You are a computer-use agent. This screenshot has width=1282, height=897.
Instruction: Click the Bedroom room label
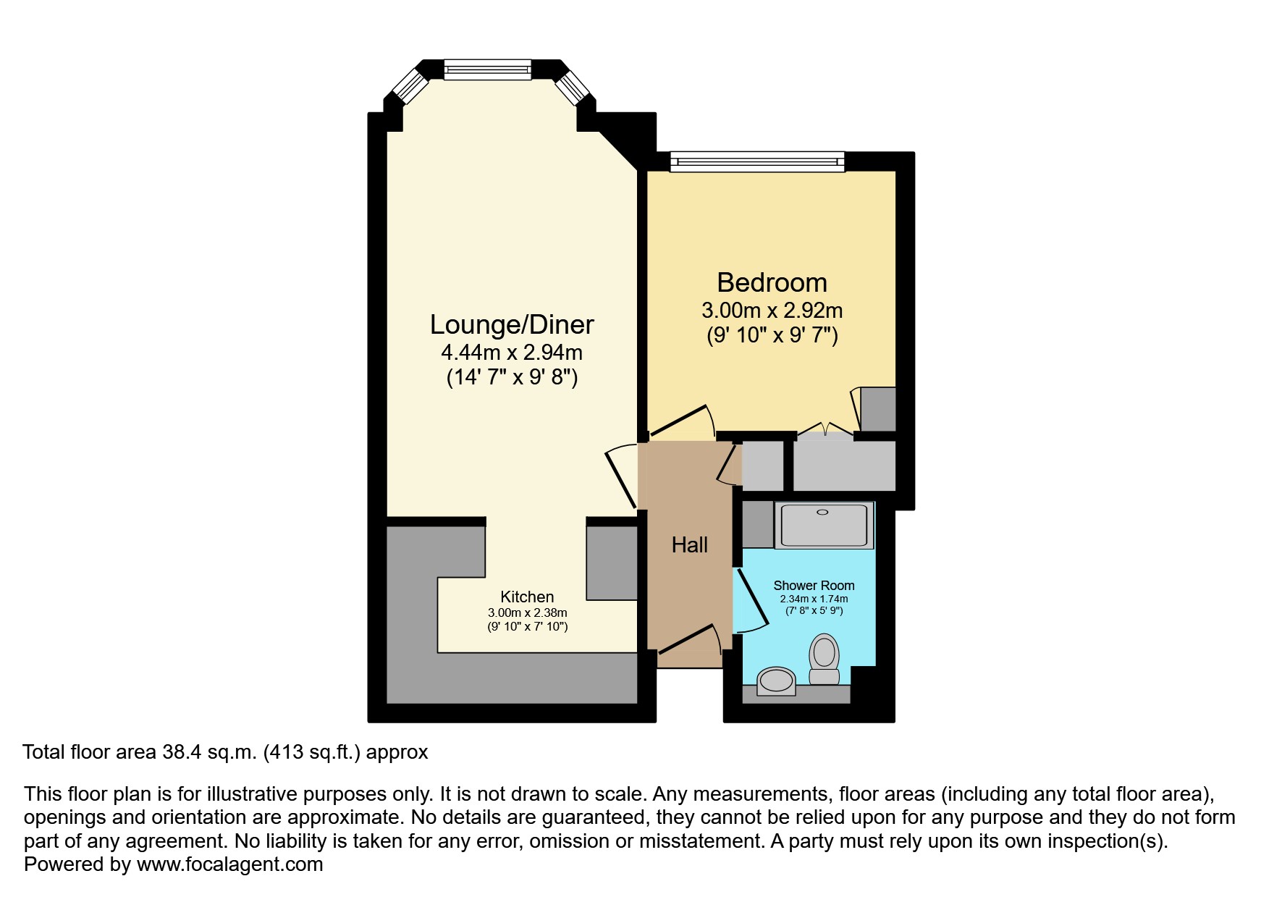click(772, 282)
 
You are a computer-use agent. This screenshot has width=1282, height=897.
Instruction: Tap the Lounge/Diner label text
click(512, 324)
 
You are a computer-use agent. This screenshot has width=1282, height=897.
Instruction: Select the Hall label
click(689, 545)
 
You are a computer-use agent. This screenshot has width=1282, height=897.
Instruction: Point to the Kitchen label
click(527, 597)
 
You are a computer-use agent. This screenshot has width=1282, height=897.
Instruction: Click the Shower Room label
click(814, 585)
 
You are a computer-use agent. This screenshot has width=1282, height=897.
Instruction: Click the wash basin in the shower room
click(775, 681)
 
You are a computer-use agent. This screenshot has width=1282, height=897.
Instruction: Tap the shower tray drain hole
click(822, 512)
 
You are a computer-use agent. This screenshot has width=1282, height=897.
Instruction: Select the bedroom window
click(757, 161)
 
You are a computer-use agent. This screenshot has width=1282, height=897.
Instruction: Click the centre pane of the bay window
click(487, 70)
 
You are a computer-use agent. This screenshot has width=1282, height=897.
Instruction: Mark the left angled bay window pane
click(410, 88)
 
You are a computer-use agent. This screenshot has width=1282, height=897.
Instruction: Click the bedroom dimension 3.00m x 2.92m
click(772, 311)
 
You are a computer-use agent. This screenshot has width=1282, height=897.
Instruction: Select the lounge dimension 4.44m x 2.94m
click(512, 353)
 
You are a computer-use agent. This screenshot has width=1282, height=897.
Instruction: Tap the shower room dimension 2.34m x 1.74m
click(814, 599)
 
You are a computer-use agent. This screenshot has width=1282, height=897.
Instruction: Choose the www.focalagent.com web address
click(229, 864)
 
